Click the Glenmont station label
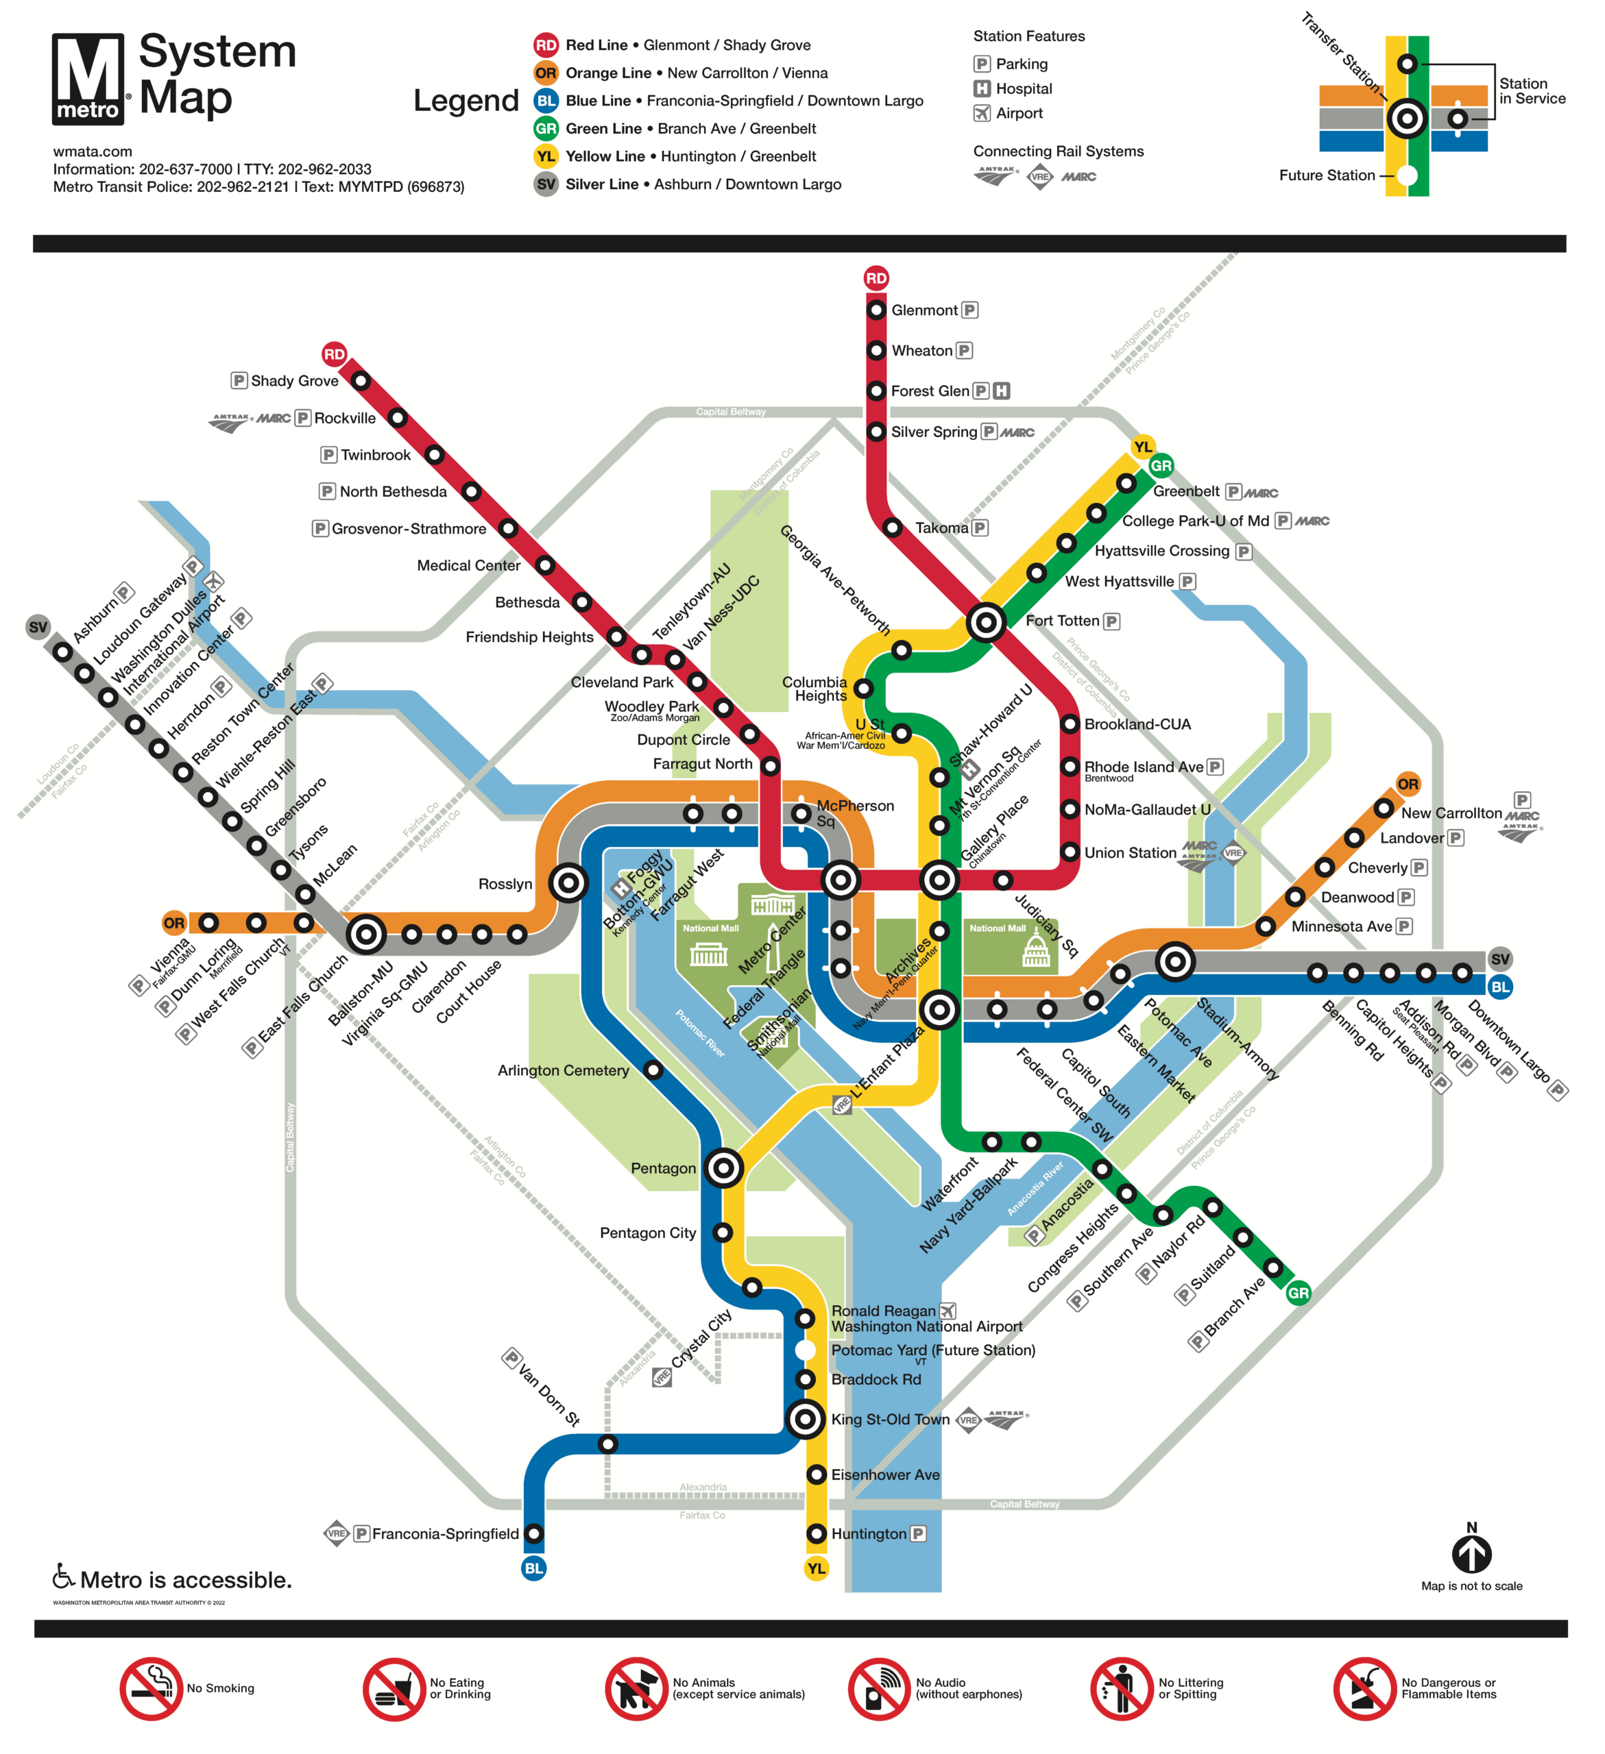(924, 310)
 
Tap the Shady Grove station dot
(361, 381)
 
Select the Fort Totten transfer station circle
(986, 623)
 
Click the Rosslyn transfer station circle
(568, 884)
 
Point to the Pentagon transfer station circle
(723, 1168)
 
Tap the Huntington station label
(868, 1534)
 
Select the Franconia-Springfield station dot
(534, 1534)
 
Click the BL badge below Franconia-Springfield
(533, 1569)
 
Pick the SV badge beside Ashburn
(38, 628)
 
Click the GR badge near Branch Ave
(1298, 1293)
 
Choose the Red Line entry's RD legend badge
(546, 45)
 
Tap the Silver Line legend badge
(546, 184)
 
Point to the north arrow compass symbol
(1471, 1555)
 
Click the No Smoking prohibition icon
(152, 1689)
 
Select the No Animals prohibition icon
(636, 1689)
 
